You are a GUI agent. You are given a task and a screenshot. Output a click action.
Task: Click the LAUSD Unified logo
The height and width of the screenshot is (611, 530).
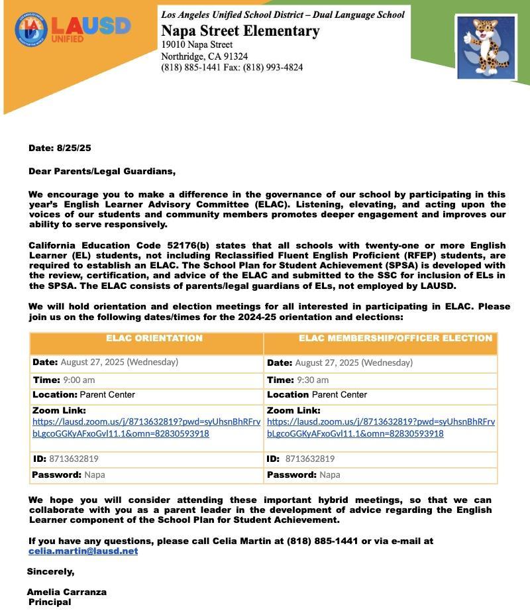coord(73,30)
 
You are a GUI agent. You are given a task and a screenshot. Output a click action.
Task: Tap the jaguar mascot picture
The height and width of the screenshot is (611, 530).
coord(486,46)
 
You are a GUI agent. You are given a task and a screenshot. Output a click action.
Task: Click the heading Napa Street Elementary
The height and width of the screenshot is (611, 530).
coord(240,31)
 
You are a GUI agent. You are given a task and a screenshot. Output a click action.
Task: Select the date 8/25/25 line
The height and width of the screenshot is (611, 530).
coord(60,148)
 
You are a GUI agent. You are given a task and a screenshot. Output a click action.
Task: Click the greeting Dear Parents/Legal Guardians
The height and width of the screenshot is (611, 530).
coord(102,172)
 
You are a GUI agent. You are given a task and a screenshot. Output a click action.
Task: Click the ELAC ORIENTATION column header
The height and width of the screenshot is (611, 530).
coord(154,339)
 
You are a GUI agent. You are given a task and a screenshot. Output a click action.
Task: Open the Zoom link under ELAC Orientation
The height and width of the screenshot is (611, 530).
coord(146,427)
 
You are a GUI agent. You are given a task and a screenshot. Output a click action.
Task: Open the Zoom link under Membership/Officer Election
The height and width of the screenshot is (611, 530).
coord(381,427)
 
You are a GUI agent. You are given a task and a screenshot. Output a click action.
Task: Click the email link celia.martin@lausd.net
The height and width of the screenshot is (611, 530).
coord(83,551)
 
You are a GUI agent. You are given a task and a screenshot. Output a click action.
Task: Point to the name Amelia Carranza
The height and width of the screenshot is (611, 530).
coord(66,592)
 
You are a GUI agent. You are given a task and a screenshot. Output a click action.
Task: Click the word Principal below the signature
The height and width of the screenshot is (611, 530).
coord(50,602)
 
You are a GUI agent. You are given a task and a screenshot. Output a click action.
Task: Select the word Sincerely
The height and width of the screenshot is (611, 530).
coord(50,571)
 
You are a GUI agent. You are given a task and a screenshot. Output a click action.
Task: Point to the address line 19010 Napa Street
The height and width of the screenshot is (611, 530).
coord(197,44)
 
